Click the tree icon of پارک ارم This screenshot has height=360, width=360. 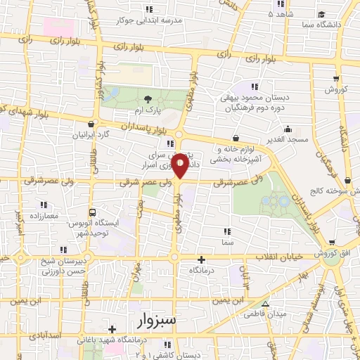(148, 99)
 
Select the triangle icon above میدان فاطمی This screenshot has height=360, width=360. (265, 304)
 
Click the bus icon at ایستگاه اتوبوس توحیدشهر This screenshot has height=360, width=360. (94, 212)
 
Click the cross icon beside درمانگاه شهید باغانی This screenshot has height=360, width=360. (112, 328)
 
